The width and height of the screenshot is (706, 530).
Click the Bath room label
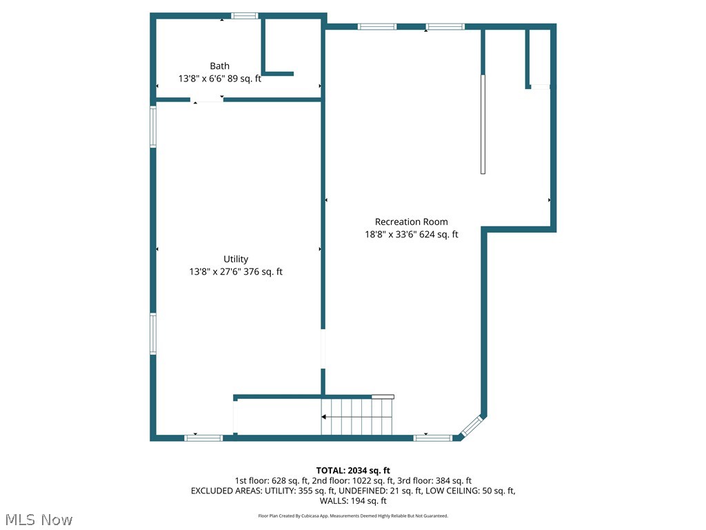pos(220,66)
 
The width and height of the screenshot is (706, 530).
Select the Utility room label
pos(236,259)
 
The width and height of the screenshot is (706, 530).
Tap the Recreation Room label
pos(411,222)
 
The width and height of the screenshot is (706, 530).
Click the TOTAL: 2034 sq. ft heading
pos(353,471)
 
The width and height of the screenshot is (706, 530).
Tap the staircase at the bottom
pos(357,417)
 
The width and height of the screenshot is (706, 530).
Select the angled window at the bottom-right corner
pos(472,427)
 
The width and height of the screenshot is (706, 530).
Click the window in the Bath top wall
pos(244,16)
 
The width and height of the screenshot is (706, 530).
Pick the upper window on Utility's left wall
pos(153,126)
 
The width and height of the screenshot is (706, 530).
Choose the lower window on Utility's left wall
pos(153,334)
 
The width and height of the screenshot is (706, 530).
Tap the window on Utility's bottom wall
pos(203,438)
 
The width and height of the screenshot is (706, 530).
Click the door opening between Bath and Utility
pos(207,100)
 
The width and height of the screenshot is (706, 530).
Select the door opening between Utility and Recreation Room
pos(323,349)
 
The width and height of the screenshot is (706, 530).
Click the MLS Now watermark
pos(39,519)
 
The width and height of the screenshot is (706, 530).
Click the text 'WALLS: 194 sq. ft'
pos(353,501)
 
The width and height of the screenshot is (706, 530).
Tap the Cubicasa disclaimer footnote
pos(353,516)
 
